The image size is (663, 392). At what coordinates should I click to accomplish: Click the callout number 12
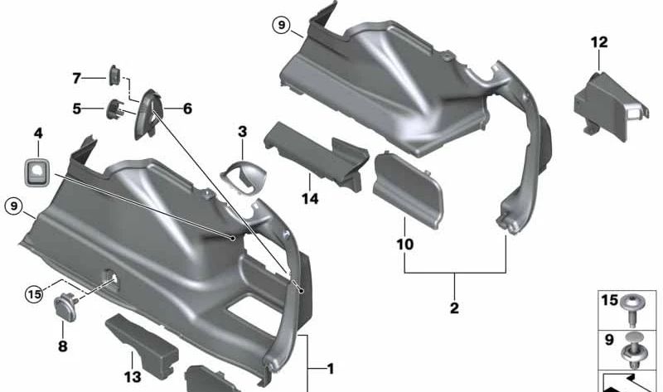(x=599, y=42)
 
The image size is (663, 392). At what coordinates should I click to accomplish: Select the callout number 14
(x=310, y=198)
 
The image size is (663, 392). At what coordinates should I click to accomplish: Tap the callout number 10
(x=404, y=244)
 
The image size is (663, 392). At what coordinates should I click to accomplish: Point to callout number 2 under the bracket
(x=454, y=307)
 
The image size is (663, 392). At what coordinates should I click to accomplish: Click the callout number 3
(x=242, y=132)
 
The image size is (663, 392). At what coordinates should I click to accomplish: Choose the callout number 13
(x=132, y=376)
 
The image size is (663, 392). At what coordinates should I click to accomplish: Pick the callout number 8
(x=63, y=346)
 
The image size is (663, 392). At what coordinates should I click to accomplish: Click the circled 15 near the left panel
(x=35, y=293)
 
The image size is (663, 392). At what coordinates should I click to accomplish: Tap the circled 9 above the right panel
(x=281, y=26)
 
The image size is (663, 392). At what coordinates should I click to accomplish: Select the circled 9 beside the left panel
(x=14, y=206)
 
